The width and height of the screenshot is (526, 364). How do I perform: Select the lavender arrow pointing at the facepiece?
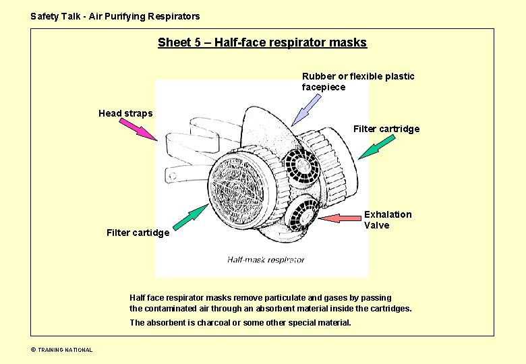308,109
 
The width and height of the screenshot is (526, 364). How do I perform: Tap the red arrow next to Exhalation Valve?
341,218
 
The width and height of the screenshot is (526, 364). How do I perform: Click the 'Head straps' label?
125,113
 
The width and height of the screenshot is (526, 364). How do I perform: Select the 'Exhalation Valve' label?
387,220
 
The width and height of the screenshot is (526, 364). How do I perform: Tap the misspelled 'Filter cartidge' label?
138,233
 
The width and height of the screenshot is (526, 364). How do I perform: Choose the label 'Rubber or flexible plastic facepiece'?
357,82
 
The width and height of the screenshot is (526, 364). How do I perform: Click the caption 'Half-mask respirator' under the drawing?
261,260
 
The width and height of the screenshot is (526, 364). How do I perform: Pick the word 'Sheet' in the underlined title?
173,43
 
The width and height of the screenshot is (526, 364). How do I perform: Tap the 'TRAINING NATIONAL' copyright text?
65,350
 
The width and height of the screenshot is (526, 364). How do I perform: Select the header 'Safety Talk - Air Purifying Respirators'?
115,16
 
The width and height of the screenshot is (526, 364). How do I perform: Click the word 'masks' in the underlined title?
349,43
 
